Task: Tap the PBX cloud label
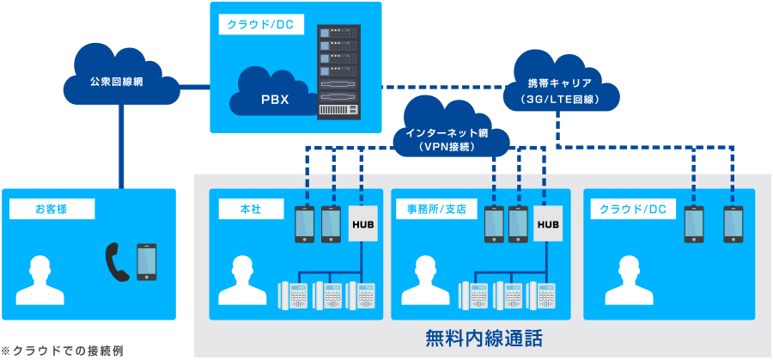click(x=274, y=99)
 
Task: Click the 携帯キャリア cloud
click(x=563, y=86)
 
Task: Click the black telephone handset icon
click(x=117, y=262)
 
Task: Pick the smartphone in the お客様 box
click(x=147, y=262)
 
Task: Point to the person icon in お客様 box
click(x=40, y=280)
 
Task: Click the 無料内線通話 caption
click(x=484, y=338)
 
